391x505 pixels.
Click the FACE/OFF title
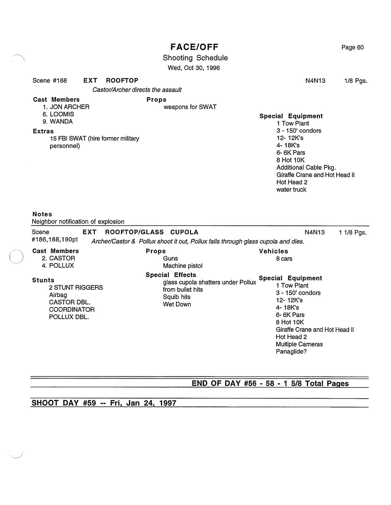pos(194,47)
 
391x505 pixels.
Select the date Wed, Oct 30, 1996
pos(194,68)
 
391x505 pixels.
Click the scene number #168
pos(60,81)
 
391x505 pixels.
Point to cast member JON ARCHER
pos(69,107)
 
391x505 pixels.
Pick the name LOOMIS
pos(62,114)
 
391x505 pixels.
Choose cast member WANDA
pos(61,121)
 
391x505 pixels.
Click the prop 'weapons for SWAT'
pos(190,107)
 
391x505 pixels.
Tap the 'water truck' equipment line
pos(291,190)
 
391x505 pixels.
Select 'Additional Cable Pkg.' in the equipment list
pos(306,167)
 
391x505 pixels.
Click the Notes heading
pos(42,214)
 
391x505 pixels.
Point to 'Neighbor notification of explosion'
pos(78,222)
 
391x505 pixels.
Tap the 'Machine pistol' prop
pos(182,266)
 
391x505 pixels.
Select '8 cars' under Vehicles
pos(284,259)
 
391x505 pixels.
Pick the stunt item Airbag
pos(58,295)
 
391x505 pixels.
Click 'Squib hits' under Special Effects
pos(177,297)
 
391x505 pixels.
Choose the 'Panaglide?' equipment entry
pos(291,352)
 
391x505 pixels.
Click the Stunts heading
pos(43,280)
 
